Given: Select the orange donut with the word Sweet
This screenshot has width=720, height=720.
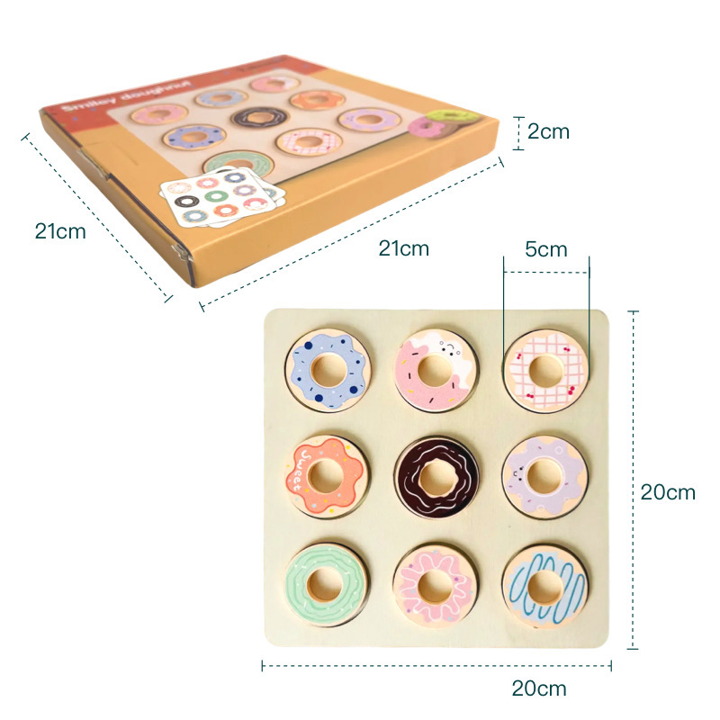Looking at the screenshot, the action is (x=326, y=474).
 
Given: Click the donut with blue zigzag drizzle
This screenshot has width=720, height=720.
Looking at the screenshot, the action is (x=544, y=586).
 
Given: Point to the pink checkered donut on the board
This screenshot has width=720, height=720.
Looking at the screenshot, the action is (x=545, y=369).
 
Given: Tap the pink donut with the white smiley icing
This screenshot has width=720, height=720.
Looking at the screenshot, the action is (x=435, y=369).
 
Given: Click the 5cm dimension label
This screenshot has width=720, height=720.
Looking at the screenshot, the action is (x=546, y=249).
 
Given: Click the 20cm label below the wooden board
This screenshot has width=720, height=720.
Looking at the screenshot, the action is (x=539, y=689).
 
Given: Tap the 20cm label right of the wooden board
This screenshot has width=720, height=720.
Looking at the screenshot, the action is (x=668, y=492).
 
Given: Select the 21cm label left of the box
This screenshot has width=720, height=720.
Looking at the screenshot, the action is (x=60, y=231).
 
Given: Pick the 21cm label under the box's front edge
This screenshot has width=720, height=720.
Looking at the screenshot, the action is (x=403, y=249).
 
